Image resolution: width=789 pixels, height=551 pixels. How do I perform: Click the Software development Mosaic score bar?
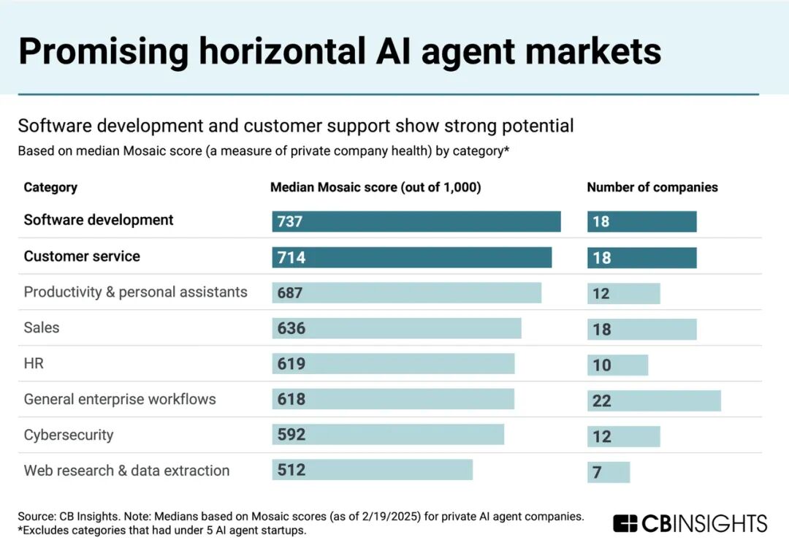click(416, 221)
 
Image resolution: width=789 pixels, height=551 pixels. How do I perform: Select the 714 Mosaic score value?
click(291, 258)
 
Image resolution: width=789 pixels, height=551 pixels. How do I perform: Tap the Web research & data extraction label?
click(126, 471)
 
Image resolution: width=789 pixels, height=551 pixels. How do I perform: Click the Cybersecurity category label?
click(69, 435)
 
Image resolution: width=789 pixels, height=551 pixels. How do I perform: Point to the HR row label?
click(34, 363)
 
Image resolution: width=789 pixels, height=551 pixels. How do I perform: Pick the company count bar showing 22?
click(654, 400)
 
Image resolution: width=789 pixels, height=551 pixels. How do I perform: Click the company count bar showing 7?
click(608, 472)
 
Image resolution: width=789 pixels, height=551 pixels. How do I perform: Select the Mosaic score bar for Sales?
click(397, 329)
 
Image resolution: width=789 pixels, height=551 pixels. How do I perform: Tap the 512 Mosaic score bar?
click(373, 470)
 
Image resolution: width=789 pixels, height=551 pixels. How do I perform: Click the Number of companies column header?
click(652, 187)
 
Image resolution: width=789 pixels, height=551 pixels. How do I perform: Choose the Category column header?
click(50, 187)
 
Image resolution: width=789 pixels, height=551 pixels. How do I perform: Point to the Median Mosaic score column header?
click(376, 187)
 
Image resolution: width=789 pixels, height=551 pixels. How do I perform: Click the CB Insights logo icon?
click(625, 523)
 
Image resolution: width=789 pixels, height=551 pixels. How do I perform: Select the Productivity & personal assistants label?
click(135, 292)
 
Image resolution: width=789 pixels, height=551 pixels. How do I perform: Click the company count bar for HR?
click(617, 365)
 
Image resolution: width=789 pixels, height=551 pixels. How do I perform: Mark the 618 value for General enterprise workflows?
click(291, 400)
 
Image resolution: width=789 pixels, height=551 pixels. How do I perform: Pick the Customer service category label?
click(82, 256)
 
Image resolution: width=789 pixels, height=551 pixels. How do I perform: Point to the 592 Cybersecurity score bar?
click(388, 435)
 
